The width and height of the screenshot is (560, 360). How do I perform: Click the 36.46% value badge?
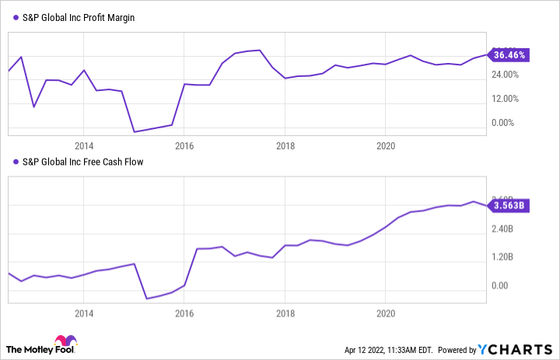pos(510,55)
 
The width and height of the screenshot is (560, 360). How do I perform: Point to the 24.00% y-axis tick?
pos(502,75)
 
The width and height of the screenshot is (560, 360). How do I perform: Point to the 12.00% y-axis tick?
pos(502,99)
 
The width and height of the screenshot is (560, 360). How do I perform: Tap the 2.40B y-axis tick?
pos(502,229)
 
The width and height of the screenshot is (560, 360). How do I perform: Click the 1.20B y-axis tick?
pos(502,257)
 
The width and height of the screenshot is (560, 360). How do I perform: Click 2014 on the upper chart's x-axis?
pos(84,145)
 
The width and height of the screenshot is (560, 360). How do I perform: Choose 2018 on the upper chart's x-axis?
pos(285,145)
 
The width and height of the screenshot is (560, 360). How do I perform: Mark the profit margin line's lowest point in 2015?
pos(134,131)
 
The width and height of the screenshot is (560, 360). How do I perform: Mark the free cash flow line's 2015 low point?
pos(146,298)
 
